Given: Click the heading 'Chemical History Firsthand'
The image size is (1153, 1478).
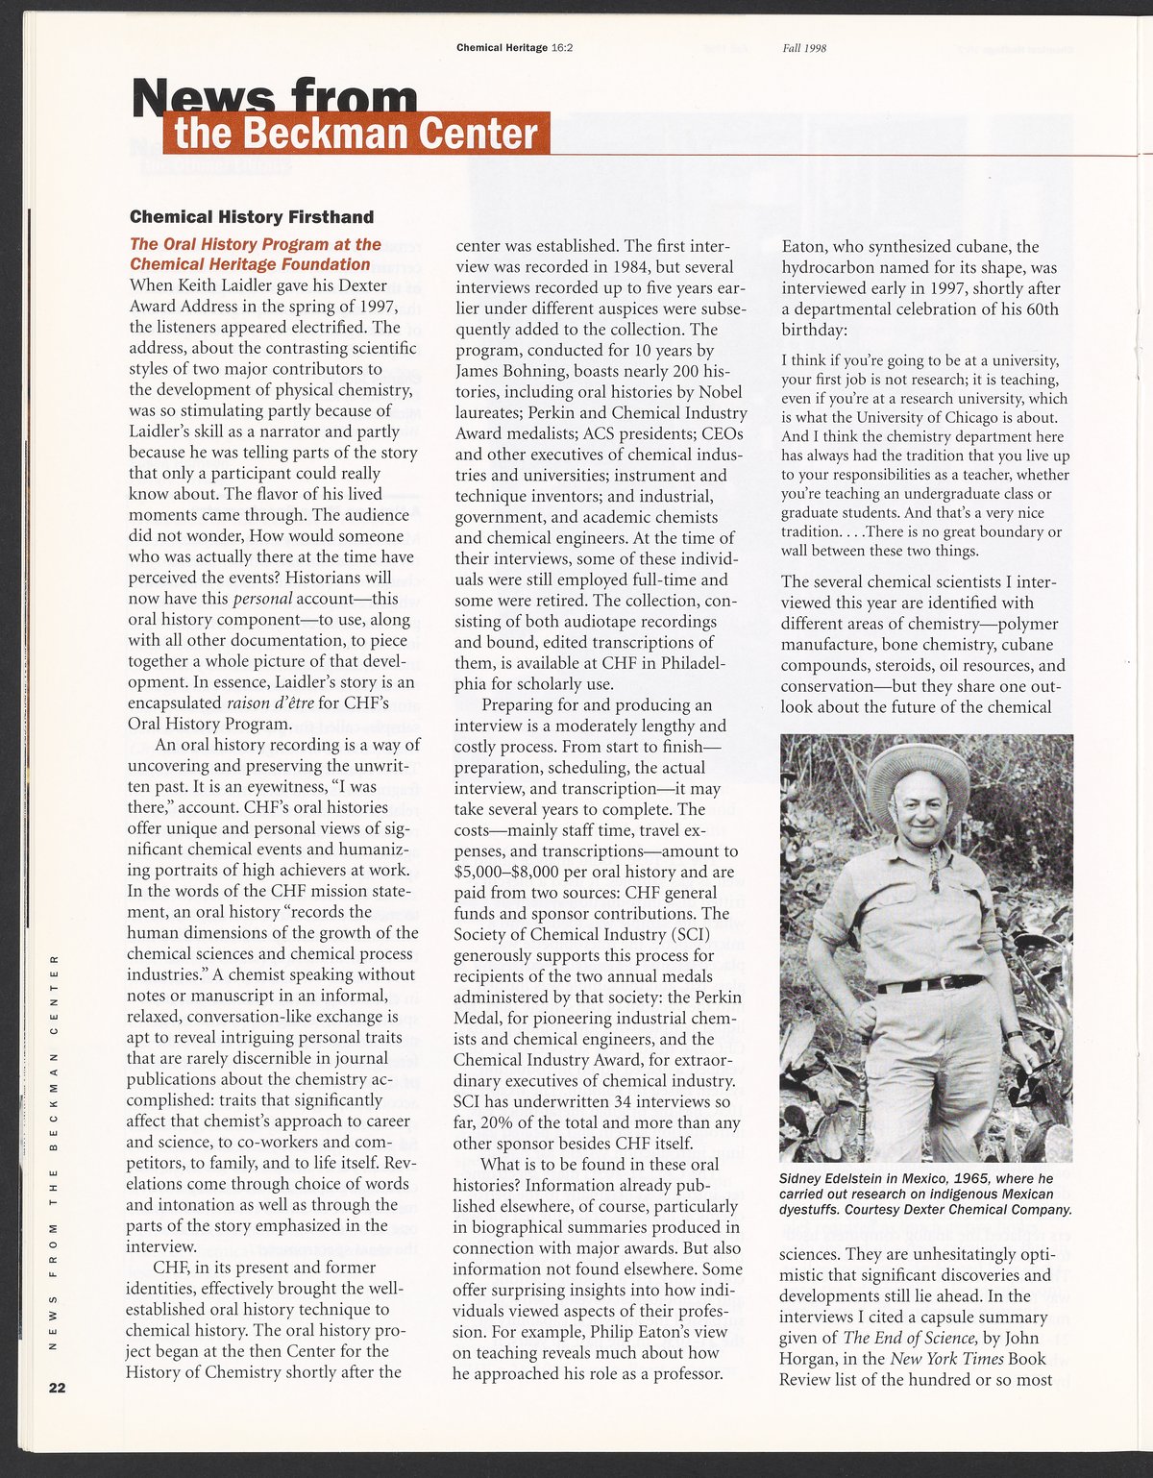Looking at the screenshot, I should click(252, 217).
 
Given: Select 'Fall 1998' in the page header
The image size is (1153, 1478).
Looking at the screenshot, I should click(804, 48).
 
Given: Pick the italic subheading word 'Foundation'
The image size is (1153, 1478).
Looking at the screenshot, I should click(324, 264).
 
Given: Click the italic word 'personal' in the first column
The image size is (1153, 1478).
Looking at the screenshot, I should click(263, 599).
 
